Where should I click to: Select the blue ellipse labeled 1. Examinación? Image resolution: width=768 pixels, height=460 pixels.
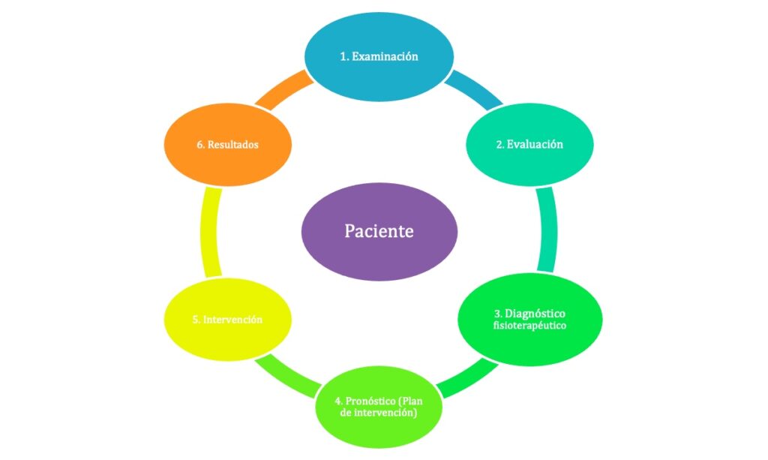379,56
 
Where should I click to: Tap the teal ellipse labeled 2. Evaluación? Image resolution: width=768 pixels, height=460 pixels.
529,144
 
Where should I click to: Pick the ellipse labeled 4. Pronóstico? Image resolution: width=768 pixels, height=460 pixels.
377,408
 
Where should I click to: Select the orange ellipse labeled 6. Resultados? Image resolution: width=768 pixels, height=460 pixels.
227,144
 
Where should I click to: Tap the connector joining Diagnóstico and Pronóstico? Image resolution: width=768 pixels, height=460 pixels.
465,377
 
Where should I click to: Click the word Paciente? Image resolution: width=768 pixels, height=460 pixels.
379,231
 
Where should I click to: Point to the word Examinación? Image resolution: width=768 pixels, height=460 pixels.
385,56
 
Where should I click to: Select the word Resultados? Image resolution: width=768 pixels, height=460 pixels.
233,144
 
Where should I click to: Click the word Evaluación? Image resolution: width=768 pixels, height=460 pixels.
535,144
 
